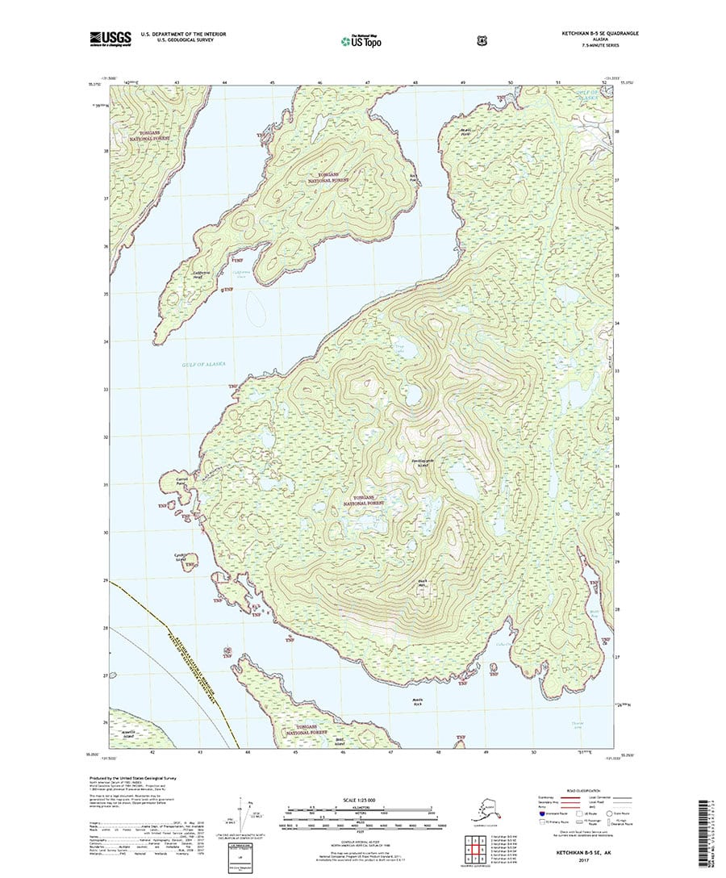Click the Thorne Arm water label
point(577,724)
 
